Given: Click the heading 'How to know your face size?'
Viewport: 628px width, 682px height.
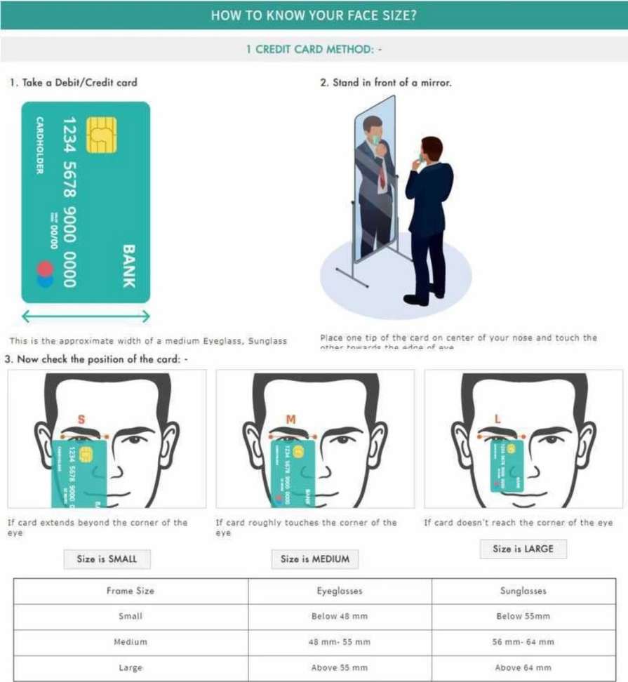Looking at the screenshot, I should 314,15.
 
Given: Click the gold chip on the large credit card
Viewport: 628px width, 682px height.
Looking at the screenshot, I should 101,135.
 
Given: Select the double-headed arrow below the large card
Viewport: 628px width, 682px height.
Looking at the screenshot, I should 86,317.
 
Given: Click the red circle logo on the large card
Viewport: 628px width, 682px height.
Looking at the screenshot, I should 45,269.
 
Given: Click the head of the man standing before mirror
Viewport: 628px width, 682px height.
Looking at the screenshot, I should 432,149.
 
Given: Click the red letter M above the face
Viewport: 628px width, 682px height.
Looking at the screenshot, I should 290,420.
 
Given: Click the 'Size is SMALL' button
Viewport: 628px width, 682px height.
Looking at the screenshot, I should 107,559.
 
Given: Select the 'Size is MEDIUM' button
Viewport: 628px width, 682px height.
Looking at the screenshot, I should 315,559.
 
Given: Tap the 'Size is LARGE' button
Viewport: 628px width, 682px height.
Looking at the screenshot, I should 523,549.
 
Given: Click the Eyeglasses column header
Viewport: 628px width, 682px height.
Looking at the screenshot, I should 340,591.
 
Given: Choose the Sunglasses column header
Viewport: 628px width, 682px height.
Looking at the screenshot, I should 523,591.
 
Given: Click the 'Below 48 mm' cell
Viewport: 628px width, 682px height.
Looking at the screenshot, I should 340,616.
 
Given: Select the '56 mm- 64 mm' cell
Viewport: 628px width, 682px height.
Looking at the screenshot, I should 523,641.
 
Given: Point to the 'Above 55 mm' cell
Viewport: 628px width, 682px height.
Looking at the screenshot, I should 340,667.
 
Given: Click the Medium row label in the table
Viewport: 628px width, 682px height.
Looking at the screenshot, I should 131,641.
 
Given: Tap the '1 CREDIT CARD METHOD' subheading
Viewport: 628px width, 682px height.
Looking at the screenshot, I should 314,50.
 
